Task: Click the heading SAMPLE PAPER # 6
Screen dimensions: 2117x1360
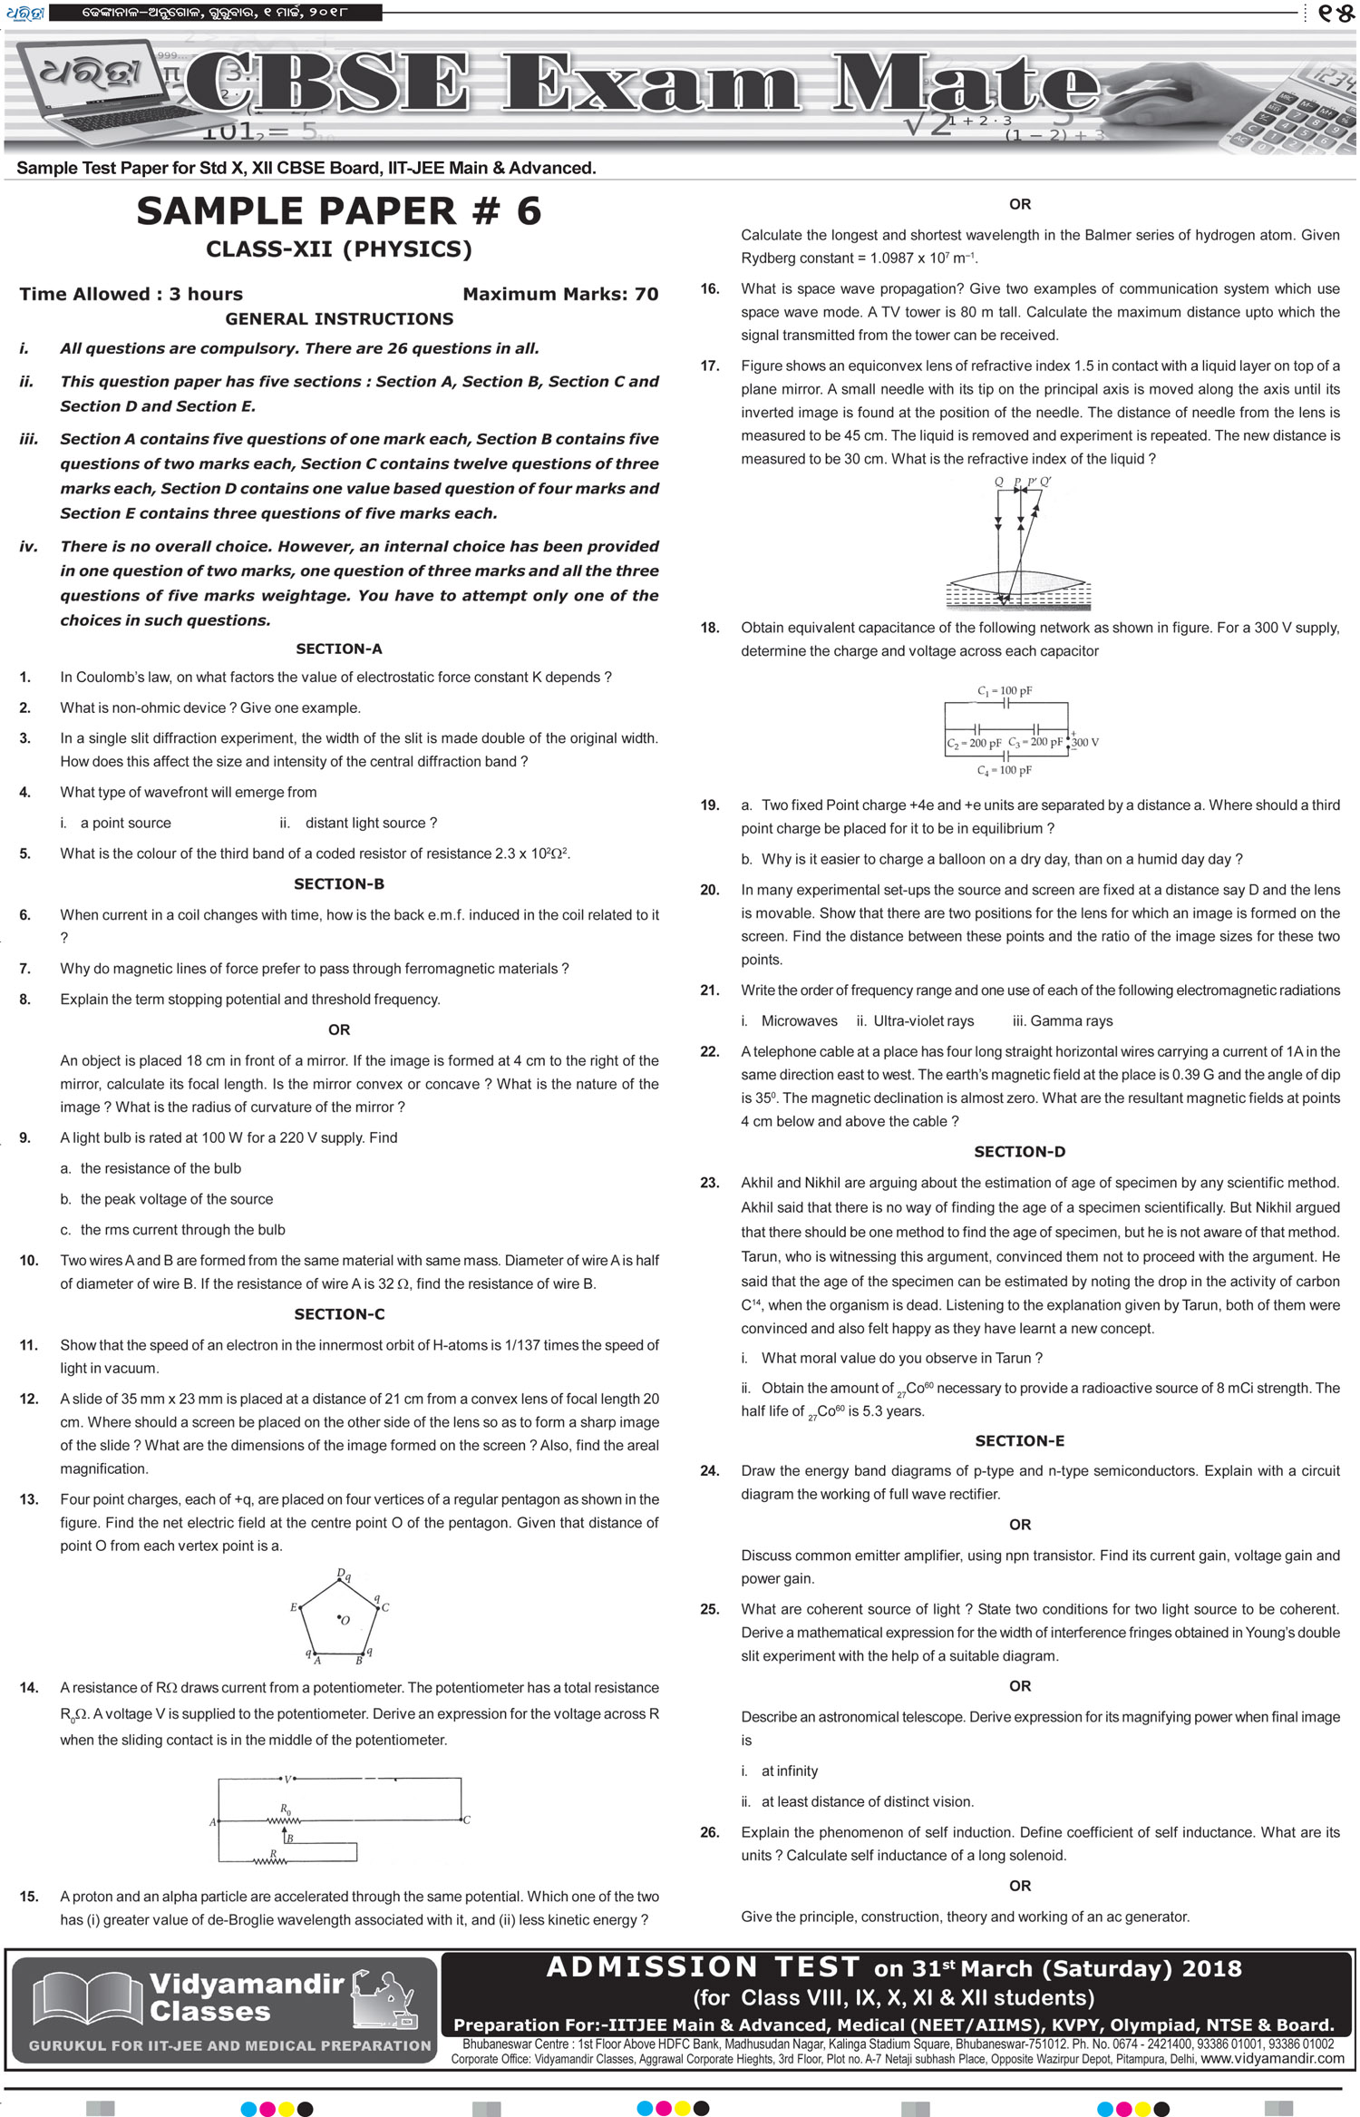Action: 338,211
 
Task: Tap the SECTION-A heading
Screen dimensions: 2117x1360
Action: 339,649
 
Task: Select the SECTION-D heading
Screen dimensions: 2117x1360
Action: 1019,1152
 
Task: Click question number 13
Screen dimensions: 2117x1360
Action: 29,1499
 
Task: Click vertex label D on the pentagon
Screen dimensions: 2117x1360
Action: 341,1573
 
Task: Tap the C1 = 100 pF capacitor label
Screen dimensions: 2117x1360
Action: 1005,691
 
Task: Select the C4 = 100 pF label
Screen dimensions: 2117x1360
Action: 1005,770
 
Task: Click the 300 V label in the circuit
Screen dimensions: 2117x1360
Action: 1085,742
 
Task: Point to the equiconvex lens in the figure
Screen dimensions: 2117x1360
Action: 1017,580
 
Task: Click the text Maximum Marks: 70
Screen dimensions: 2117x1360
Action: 560,294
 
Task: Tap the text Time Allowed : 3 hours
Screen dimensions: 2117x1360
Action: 131,294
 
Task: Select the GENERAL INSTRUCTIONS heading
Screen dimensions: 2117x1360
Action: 339,319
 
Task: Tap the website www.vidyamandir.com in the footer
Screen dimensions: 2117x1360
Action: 1272,2059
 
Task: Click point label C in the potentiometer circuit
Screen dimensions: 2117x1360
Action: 467,1820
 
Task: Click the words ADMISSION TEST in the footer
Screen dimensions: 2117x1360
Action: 703,1966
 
